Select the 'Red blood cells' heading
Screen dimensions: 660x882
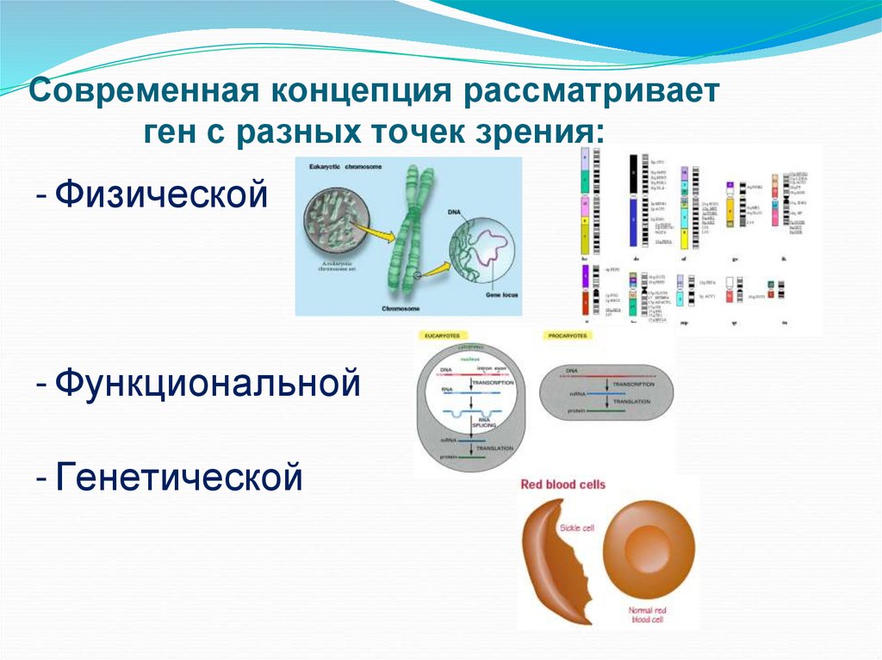click(562, 484)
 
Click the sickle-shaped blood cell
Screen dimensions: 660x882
click(551, 559)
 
